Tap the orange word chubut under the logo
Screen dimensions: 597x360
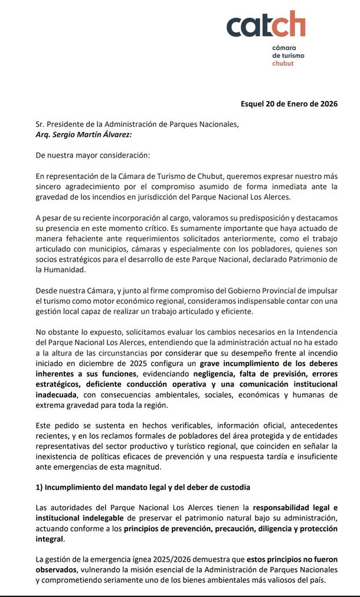(284, 62)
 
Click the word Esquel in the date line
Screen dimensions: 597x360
(254, 104)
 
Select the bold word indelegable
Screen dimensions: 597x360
(64, 518)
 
